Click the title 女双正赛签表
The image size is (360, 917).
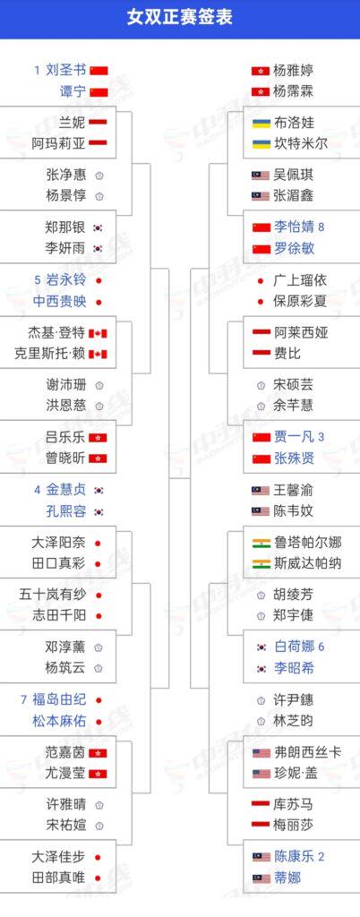tap(180, 17)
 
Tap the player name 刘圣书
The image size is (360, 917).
tap(65, 71)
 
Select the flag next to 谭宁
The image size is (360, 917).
tap(99, 92)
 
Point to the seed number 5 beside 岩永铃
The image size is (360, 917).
tap(38, 280)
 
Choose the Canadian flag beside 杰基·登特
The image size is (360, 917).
tap(98, 333)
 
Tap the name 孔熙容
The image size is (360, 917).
tap(65, 511)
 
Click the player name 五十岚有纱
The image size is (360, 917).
tap(52, 595)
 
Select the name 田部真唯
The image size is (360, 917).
tap(58, 878)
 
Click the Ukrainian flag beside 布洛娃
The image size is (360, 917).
tap(261, 124)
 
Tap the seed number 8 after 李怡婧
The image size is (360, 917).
tap(321, 227)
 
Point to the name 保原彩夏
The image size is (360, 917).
tap(300, 301)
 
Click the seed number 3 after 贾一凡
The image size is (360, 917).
tap(321, 436)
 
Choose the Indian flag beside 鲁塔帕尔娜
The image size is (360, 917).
tap(261, 543)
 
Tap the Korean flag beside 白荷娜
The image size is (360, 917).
tap(261, 647)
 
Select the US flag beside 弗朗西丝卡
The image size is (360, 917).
tap(261, 752)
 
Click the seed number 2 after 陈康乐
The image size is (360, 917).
tap(321, 856)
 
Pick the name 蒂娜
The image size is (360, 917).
tap(287, 878)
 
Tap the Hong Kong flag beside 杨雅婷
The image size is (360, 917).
tap(261, 71)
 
